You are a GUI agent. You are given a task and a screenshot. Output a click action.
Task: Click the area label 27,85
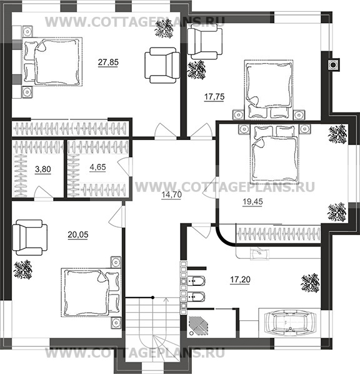click(108, 62)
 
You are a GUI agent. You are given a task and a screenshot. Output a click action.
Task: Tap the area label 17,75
click(214, 96)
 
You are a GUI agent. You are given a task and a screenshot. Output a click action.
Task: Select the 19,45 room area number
click(252, 201)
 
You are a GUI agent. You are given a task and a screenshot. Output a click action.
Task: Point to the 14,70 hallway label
click(172, 195)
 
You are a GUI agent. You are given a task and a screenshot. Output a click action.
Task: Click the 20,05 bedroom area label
click(78, 235)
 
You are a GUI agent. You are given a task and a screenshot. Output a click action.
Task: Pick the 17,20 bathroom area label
click(240, 280)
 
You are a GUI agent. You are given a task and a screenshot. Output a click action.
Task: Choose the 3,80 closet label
click(43, 169)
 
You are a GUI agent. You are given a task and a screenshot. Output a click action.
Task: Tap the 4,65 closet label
click(97, 167)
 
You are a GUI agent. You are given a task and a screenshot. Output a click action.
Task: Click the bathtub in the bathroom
click(291, 322)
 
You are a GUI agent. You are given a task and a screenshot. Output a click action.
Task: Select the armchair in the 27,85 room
click(162, 65)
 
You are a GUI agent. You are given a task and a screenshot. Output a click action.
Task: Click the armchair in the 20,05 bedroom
click(29, 238)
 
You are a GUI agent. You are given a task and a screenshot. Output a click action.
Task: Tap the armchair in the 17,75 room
click(205, 42)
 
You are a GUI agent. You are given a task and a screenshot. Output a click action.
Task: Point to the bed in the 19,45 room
click(274, 154)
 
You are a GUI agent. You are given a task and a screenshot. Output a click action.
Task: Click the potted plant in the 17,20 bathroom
click(310, 283)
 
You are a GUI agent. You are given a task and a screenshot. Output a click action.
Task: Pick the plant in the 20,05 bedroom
click(23, 270)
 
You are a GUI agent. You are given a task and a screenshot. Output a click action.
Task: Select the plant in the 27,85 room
click(164, 29)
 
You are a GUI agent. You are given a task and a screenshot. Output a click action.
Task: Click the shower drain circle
click(191, 333)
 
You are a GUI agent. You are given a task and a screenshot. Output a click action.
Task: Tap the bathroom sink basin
click(259, 253)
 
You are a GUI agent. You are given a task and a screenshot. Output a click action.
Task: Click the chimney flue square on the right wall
click(333, 64)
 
